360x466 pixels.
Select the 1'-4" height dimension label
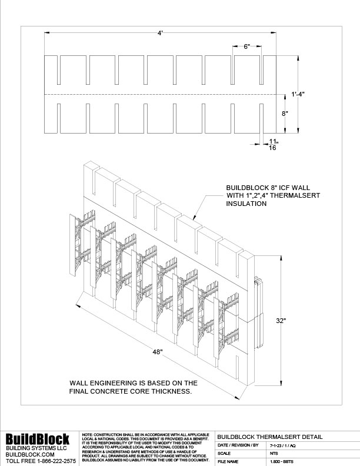click(x=298, y=93)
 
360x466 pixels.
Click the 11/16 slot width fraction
click(x=272, y=145)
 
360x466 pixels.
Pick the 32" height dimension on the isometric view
click(x=281, y=321)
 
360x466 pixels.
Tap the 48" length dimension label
click(x=156, y=351)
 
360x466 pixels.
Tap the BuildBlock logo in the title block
click(x=38, y=439)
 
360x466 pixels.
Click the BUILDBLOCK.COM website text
click(x=30, y=455)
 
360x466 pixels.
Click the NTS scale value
click(x=274, y=454)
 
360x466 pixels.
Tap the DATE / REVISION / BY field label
click(x=238, y=445)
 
